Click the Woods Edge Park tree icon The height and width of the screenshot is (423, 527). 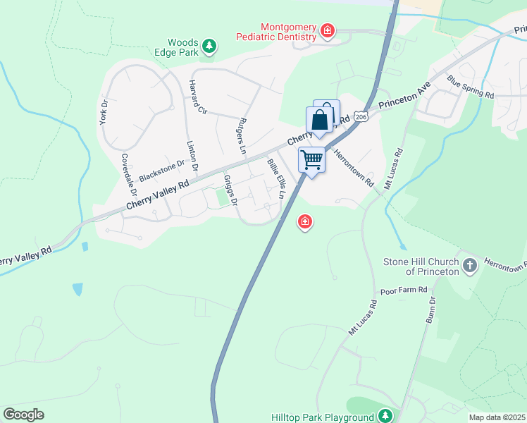(x=209, y=47)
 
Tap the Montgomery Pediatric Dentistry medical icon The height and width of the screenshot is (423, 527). (x=327, y=30)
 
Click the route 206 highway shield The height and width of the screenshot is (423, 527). (x=361, y=116)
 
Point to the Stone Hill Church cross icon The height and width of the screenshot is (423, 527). (x=471, y=266)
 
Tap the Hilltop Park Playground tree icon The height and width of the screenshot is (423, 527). (x=385, y=416)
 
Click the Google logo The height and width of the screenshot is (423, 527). (x=23, y=415)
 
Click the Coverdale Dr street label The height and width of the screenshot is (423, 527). (x=128, y=174)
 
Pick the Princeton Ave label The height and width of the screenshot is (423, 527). (x=404, y=98)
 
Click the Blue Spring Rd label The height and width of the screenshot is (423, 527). (x=470, y=86)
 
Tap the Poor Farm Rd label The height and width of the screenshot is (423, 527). (x=404, y=290)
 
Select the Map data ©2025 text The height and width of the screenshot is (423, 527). (x=497, y=417)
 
